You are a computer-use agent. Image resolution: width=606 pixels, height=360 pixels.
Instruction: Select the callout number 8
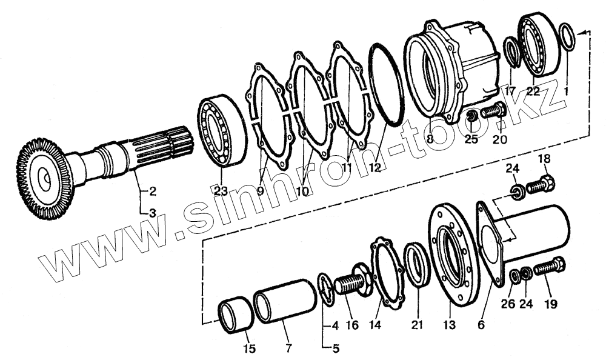(430, 138)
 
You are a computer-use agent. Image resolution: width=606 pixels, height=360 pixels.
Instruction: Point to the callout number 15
(249, 348)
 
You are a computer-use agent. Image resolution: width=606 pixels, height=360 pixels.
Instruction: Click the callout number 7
(288, 348)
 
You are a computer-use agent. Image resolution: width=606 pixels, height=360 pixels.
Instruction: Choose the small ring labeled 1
(567, 38)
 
